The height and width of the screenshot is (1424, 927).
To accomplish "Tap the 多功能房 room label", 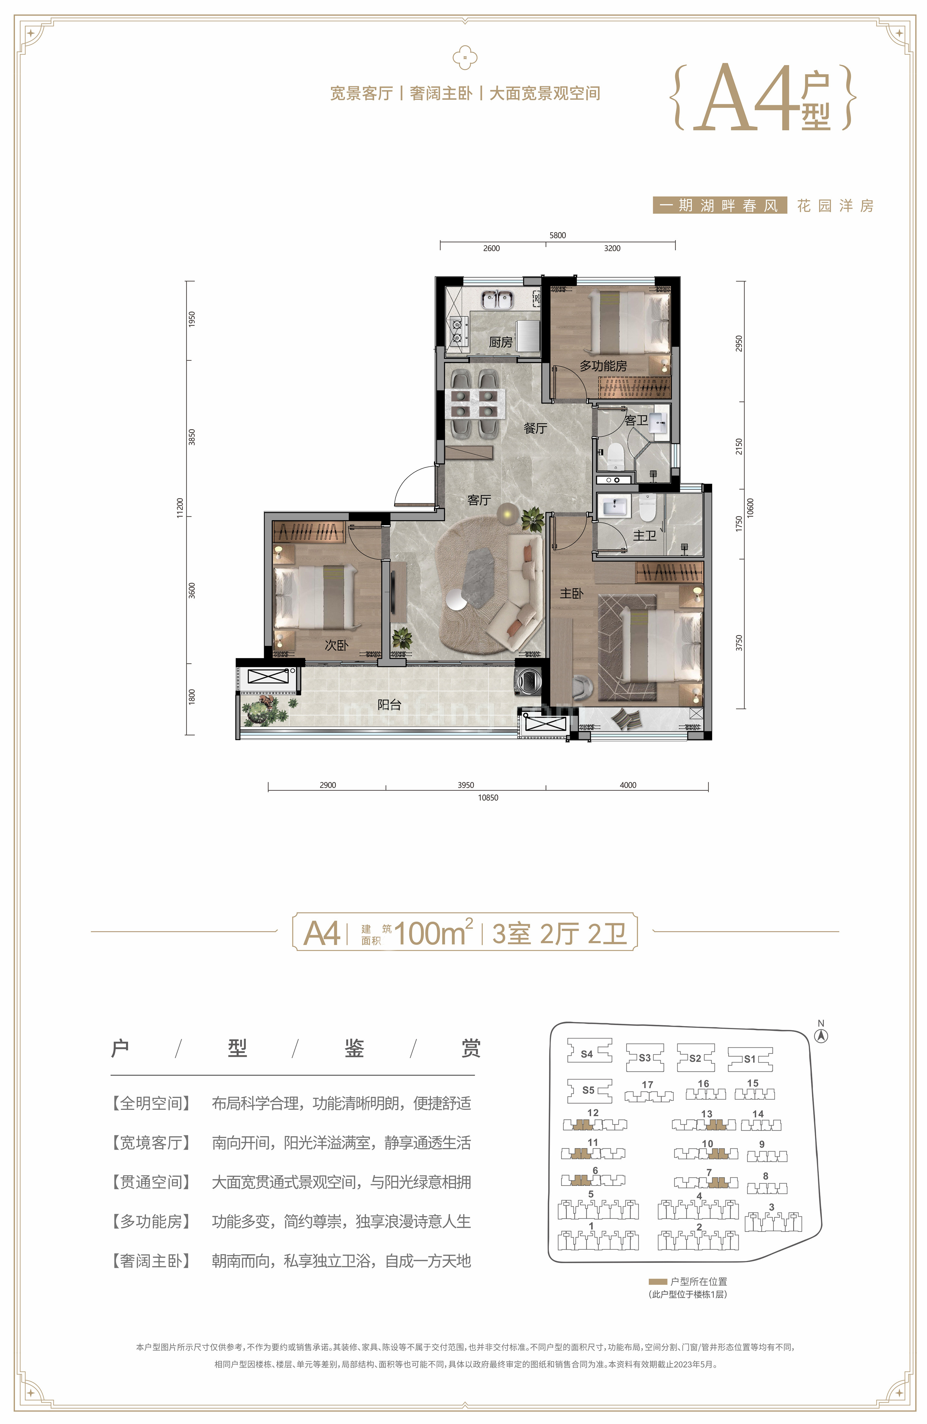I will click(603, 366).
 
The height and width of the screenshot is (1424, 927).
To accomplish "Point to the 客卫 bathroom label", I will click(636, 421).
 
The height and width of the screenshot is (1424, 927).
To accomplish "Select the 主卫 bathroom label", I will click(644, 536).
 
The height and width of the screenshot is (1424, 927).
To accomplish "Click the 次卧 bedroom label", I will click(336, 645).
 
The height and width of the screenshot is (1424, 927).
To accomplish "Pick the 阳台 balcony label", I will click(389, 705).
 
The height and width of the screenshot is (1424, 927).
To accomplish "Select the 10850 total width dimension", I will click(488, 798).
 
